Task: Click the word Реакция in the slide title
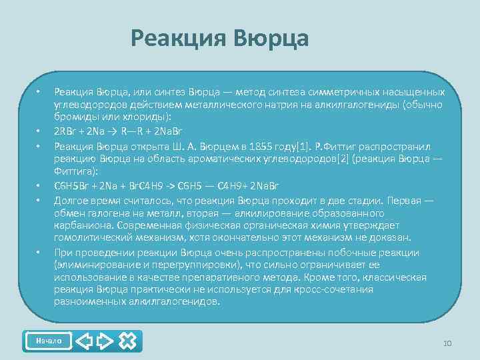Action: (178, 38)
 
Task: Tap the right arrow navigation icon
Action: (105, 341)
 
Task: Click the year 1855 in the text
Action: (270, 146)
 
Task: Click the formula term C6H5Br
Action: (69, 185)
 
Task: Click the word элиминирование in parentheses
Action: (91, 265)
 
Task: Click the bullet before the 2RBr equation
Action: (39, 130)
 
